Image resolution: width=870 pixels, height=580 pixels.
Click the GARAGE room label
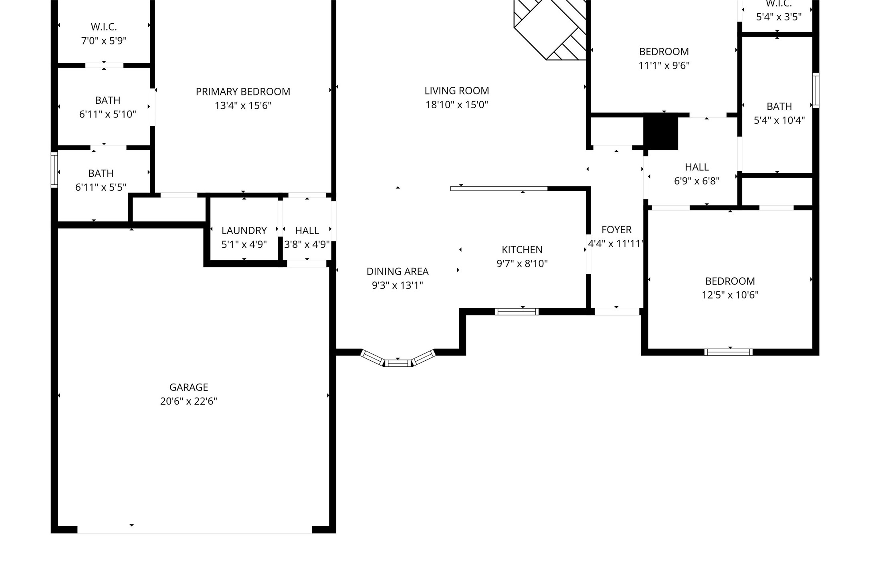tap(188, 387)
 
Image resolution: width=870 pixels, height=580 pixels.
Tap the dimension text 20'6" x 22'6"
tap(188, 401)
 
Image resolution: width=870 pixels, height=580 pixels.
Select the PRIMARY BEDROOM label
tap(243, 92)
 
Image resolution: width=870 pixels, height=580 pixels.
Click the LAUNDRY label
tap(244, 230)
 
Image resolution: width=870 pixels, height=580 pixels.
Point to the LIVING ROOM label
tap(456, 91)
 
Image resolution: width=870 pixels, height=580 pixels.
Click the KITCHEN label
tap(522, 250)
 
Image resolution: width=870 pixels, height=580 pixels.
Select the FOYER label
tap(616, 230)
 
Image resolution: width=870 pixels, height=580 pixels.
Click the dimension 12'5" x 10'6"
tap(730, 295)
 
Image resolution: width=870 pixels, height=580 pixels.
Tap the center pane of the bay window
tap(398, 363)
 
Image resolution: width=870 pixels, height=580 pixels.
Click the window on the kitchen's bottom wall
tap(517, 311)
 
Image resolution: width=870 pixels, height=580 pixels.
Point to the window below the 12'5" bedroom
tap(728, 352)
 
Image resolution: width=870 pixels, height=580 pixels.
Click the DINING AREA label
tap(397, 271)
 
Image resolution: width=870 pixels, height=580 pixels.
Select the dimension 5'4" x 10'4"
tap(779, 120)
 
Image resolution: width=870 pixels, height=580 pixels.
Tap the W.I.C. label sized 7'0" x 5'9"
tap(104, 27)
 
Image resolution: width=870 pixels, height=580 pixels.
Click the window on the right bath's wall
tap(815, 90)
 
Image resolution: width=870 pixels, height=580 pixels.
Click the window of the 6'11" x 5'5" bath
tap(54, 170)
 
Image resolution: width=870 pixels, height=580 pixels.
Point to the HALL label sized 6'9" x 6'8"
tap(696, 167)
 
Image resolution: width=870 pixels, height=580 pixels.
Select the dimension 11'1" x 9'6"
tap(664, 65)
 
